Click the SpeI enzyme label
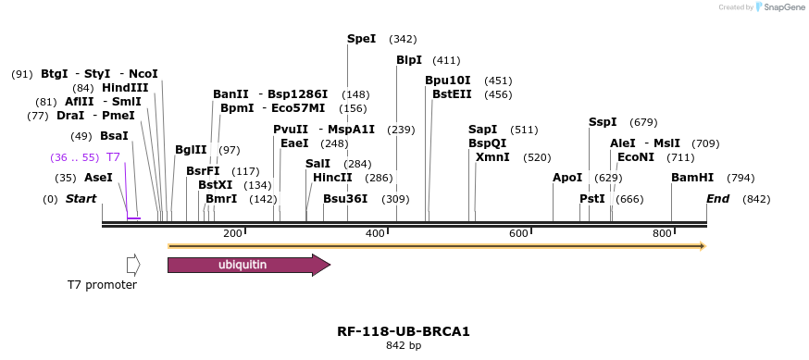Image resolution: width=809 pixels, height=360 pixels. click(x=361, y=39)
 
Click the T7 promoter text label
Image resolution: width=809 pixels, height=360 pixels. click(x=102, y=285)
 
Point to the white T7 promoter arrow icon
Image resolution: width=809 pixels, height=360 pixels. click(x=133, y=266)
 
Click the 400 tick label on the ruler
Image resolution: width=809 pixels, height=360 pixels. click(x=375, y=233)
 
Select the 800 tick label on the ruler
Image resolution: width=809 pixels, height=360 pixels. click(x=662, y=233)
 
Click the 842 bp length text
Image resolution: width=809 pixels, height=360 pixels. click(x=404, y=346)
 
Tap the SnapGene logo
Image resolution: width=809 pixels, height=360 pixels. click(x=780, y=7)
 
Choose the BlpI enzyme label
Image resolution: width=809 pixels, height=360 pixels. click(x=409, y=60)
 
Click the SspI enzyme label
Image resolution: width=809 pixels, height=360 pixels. click(x=603, y=122)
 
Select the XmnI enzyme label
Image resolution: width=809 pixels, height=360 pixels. click(x=492, y=157)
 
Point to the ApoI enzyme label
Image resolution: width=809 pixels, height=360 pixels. click(x=567, y=178)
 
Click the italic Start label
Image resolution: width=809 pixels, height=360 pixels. click(x=81, y=199)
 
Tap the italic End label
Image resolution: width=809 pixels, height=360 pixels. click(x=717, y=199)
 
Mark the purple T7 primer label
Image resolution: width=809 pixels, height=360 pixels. click(x=113, y=157)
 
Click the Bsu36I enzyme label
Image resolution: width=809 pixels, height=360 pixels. click(x=345, y=199)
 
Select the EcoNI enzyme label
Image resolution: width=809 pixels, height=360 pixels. click(x=635, y=157)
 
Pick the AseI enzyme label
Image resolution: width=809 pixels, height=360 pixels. click(x=98, y=178)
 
